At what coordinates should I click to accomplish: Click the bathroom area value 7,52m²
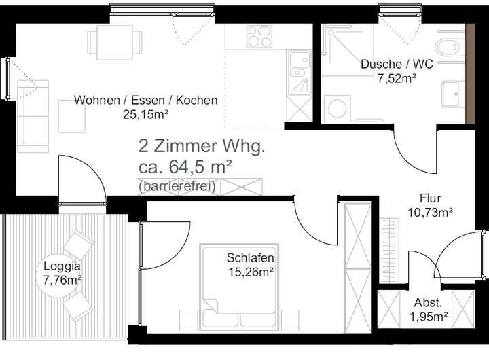(x=397, y=78)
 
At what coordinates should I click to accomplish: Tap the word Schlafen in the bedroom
(x=251, y=258)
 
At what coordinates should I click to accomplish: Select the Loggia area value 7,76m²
(x=62, y=280)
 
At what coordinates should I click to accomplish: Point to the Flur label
(x=430, y=198)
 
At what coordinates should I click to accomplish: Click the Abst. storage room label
(x=428, y=302)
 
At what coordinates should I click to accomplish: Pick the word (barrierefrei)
(x=177, y=186)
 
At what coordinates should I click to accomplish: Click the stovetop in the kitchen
(x=259, y=37)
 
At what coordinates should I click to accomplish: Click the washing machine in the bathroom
(x=338, y=109)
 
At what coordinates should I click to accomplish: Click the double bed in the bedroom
(x=239, y=287)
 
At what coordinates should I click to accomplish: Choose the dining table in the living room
(x=115, y=43)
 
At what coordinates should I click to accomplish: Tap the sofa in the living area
(x=33, y=116)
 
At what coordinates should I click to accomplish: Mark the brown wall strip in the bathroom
(x=470, y=74)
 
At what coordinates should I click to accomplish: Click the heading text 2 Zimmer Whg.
(x=202, y=146)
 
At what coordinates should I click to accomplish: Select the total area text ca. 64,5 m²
(x=185, y=167)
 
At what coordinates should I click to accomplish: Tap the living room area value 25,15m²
(x=145, y=115)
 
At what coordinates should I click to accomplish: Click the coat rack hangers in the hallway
(x=390, y=251)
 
